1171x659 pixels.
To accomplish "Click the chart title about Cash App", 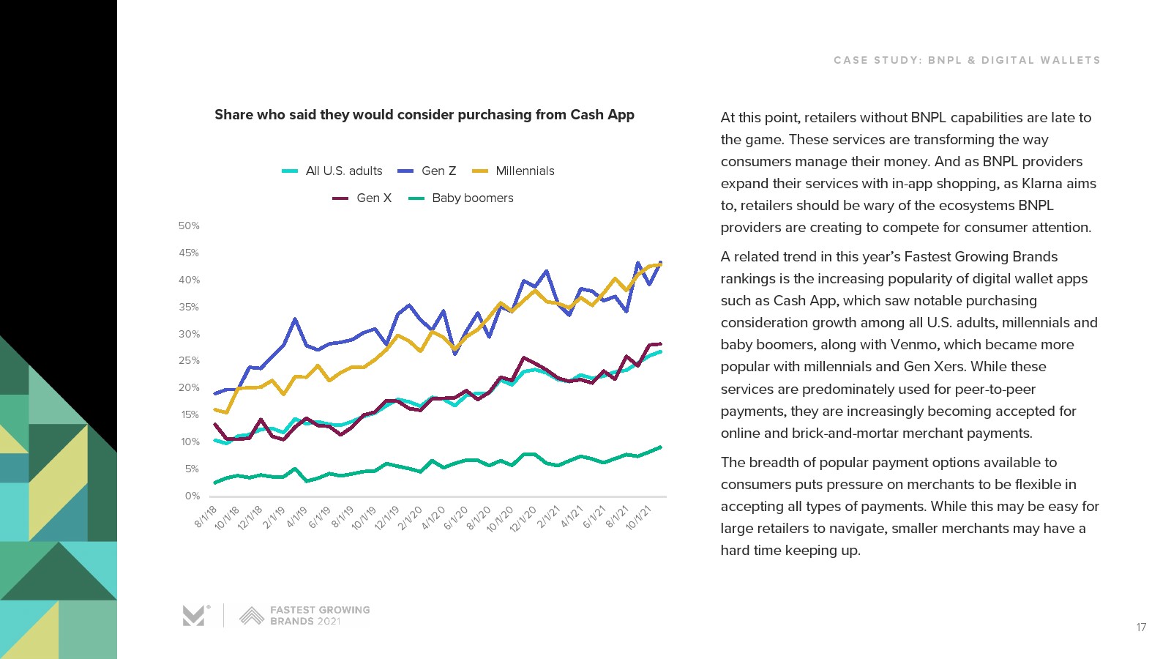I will coord(424,115).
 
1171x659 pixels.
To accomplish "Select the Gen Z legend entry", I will coord(438,171).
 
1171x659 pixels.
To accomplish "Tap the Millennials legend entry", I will coord(524,171).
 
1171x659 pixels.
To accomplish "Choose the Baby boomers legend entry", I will coord(472,198).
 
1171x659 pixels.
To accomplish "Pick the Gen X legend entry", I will coord(373,198).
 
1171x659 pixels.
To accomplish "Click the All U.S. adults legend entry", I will coord(343,171).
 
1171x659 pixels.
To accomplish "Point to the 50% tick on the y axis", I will coord(189,226).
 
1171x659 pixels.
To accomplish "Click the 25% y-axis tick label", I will coord(189,360).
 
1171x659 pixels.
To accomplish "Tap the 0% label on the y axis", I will coord(192,496).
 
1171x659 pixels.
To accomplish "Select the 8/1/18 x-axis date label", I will coord(206,515).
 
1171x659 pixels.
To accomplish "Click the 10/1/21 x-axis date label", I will coord(639,517).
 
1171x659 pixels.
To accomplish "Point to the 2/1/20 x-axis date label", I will coord(411,517).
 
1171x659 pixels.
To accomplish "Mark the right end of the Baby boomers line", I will coord(661,447).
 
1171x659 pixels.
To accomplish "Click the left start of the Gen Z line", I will coord(214,394).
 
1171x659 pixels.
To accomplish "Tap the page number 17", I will coord(1141,628).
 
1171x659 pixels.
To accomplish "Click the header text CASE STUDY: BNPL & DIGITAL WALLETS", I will coord(967,60).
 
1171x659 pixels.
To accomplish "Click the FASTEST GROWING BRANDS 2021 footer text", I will coord(320,615).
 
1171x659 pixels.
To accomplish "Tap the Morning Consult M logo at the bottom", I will coord(195,616).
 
